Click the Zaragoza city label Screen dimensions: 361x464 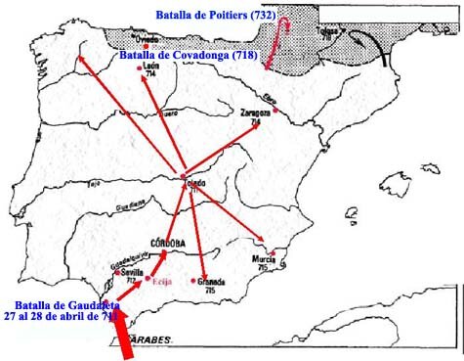255,113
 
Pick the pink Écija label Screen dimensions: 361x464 161,281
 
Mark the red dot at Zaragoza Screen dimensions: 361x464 276,109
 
